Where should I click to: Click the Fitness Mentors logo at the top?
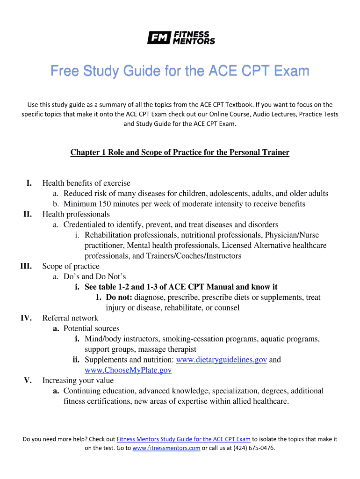(181, 37)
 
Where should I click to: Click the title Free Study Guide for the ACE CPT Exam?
(180, 72)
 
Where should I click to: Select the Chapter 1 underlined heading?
(180, 152)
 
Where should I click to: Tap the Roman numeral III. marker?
(26, 266)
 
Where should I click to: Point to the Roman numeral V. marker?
(28, 380)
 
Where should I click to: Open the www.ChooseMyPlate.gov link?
(128, 370)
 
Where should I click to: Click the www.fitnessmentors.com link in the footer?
(166, 448)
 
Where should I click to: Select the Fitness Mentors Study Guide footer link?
(183, 439)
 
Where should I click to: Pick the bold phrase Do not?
(120, 298)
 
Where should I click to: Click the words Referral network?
(70, 318)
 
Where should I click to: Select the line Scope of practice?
(71, 266)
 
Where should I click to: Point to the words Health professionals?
(76, 214)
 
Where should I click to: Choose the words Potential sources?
(92, 328)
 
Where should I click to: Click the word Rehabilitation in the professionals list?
(108, 235)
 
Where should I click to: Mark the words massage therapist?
(166, 349)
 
